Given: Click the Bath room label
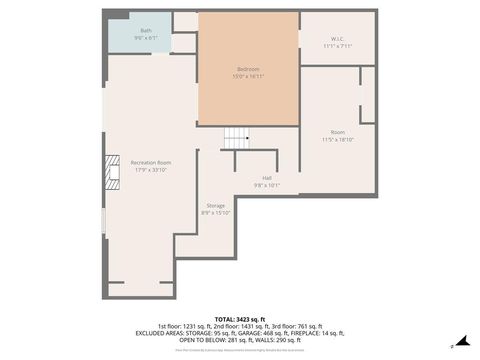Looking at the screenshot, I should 146,31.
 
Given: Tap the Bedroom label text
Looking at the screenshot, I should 247,68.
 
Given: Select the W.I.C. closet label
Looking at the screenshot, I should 337,39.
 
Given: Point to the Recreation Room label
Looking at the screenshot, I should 150,162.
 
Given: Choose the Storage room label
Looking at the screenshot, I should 216,205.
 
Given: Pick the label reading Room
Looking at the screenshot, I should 338,132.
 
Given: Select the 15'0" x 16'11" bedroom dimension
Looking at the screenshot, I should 247,75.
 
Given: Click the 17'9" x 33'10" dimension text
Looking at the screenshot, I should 150,169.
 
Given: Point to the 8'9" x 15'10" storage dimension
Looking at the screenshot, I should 216,212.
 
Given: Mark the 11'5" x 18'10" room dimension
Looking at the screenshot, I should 338,139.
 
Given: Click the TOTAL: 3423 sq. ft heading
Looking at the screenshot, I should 240,319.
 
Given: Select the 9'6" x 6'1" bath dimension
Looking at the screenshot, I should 146,38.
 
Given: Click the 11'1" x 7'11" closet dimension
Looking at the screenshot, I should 337,46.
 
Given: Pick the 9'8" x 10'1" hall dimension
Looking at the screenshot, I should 267,185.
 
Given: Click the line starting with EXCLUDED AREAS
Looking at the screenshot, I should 240,333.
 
